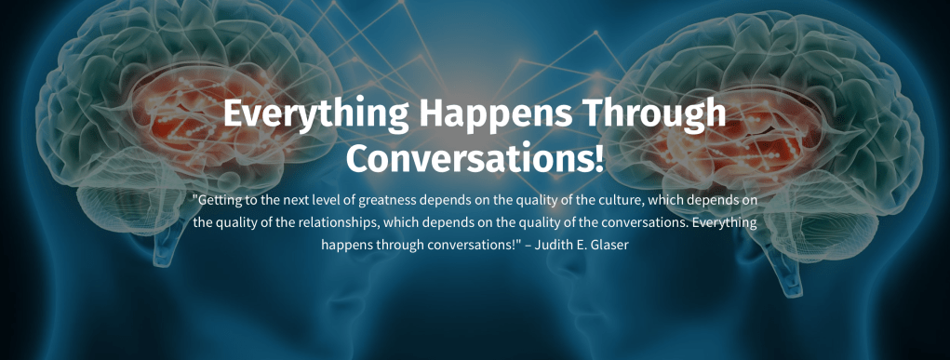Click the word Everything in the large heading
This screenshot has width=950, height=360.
[315, 114]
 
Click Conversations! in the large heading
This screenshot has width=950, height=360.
[475, 156]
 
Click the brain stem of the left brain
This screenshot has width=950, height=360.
[167, 249]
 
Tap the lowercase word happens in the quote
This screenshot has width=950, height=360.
[347, 246]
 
